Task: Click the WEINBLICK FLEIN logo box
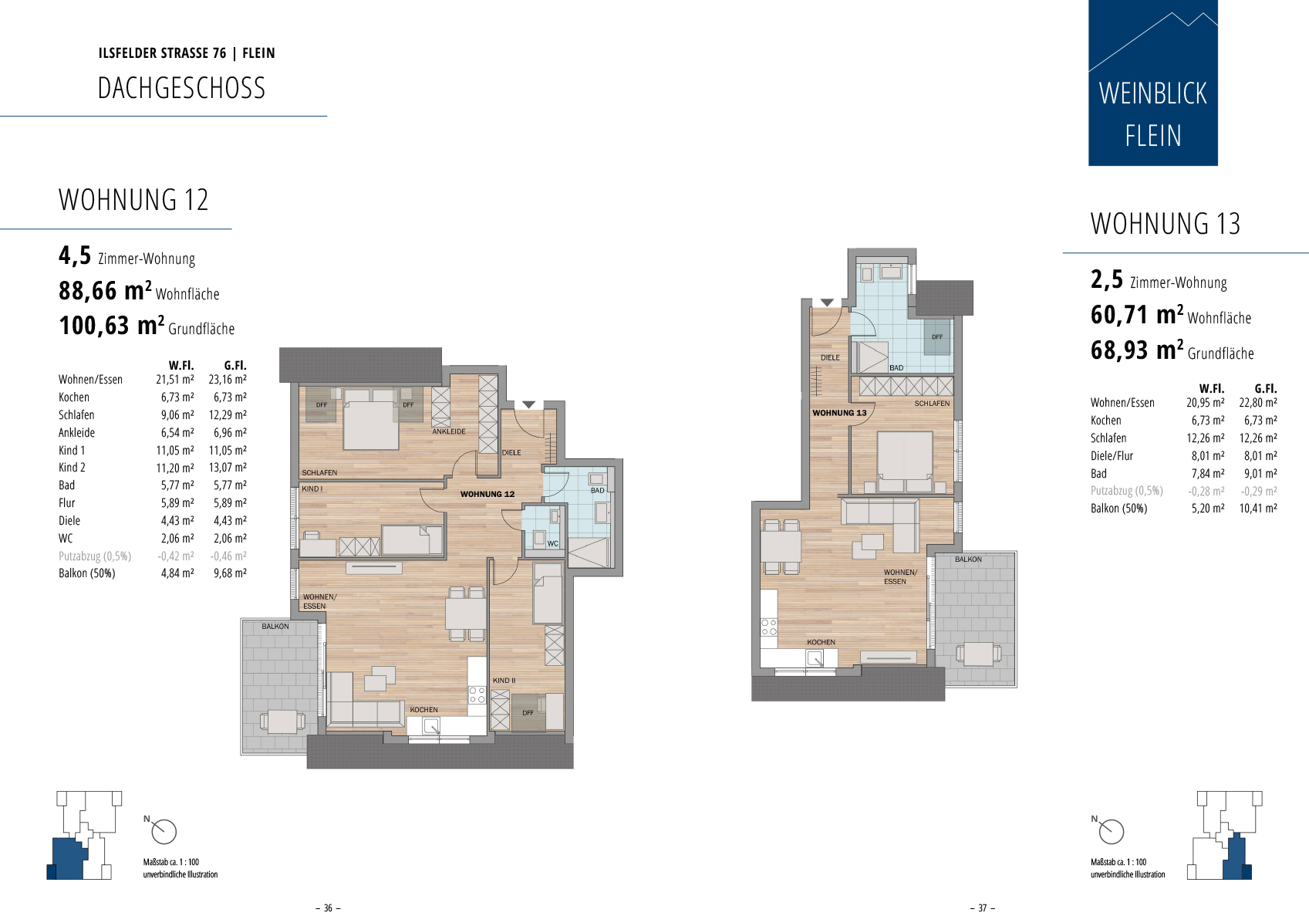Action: [x=1153, y=83]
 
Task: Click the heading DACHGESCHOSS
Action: [x=182, y=88]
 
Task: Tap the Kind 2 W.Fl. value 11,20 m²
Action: [x=175, y=468]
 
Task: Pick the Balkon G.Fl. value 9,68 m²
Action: [x=230, y=573]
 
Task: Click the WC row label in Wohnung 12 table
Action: [x=66, y=539]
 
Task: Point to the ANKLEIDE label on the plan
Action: [x=449, y=431]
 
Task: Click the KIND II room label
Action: [x=504, y=681]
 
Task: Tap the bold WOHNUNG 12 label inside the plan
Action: [x=488, y=494]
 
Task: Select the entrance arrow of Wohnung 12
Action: [x=529, y=404]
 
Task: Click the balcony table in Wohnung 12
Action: [x=282, y=722]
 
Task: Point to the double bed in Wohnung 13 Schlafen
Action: [x=905, y=461]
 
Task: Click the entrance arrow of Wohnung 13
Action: [x=827, y=303]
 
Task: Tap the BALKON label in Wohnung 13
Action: [x=968, y=559]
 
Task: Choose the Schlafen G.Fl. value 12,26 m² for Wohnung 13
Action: [x=1258, y=438]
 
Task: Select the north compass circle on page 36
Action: [x=164, y=831]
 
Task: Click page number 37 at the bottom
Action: [x=983, y=908]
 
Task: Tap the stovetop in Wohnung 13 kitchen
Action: [x=769, y=627]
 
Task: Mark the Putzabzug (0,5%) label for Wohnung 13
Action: [x=1127, y=491]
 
